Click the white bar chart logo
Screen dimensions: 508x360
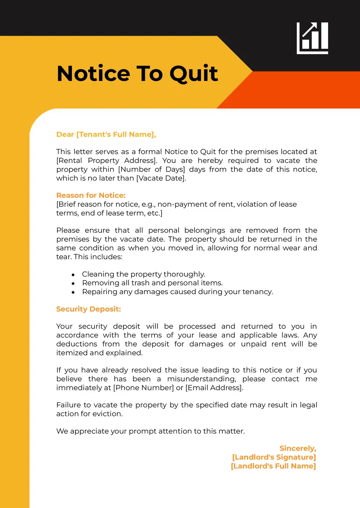[312, 38]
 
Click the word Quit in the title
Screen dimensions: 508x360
[193, 73]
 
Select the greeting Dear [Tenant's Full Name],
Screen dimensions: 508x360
[106, 134]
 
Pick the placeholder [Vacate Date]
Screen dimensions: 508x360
[161, 178]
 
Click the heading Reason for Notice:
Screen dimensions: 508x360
[91, 196]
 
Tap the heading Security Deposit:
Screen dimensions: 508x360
[88, 309]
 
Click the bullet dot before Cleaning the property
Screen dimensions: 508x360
[73, 275]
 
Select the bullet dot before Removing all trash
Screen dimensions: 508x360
[73, 284]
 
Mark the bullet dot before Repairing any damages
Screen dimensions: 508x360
[73, 292]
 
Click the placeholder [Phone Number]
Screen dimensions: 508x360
[144, 388]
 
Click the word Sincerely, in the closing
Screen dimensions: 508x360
[298, 448]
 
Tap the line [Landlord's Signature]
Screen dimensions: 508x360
[274, 457]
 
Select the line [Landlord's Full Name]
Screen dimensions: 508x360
[273, 466]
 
